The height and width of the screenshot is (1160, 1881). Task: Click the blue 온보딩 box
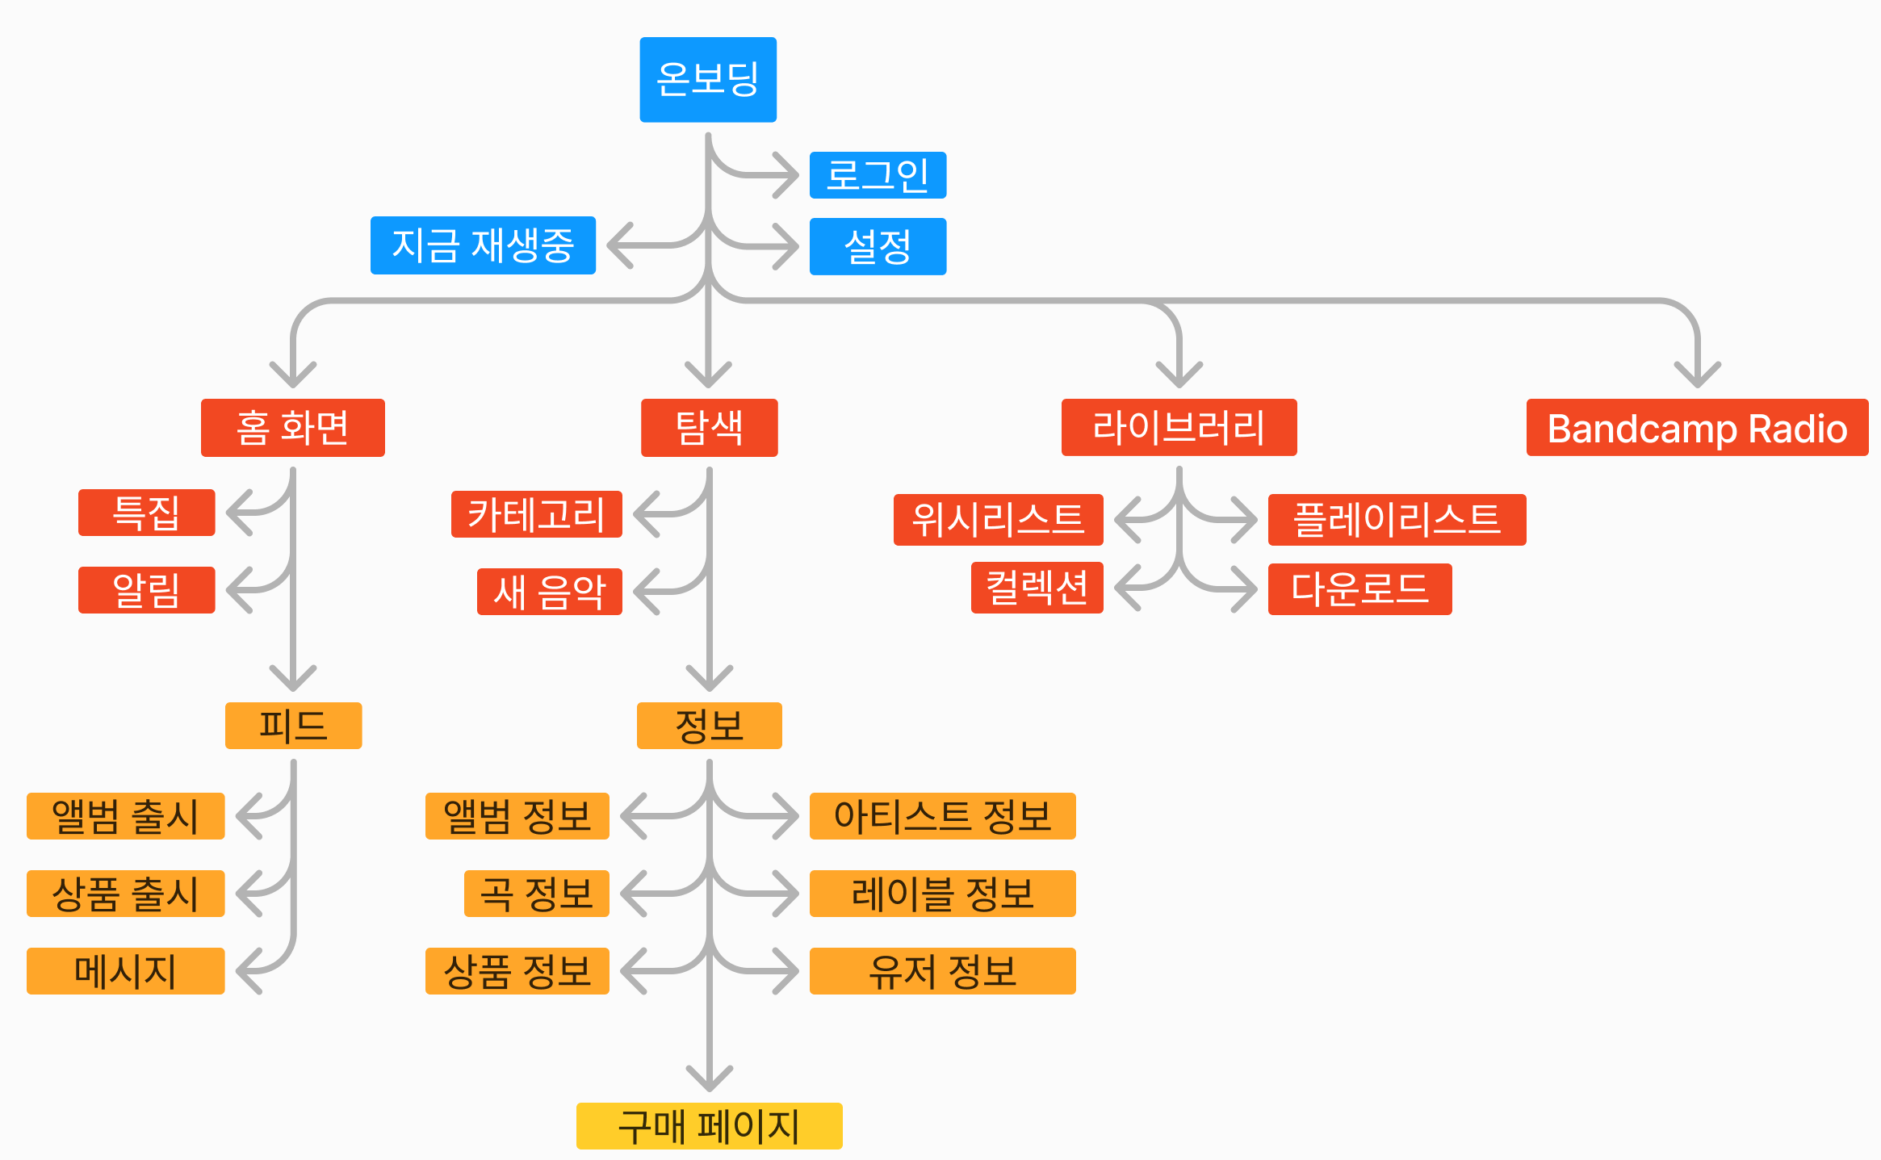[x=708, y=79]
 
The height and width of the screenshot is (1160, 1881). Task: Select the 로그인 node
[x=878, y=175]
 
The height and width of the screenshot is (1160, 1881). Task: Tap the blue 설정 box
[x=878, y=246]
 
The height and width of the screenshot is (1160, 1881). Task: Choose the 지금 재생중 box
[x=483, y=245]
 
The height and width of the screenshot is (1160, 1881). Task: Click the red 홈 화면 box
[x=292, y=428]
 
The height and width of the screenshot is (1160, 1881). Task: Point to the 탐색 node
[x=709, y=428]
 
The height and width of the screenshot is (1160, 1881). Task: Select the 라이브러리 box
[x=1179, y=428]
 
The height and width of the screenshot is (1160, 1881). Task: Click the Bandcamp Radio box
[x=1697, y=428]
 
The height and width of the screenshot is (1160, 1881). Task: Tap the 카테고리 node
[x=536, y=514]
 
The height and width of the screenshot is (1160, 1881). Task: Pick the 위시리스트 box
[x=998, y=519]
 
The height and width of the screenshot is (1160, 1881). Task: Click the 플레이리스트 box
[x=1397, y=519]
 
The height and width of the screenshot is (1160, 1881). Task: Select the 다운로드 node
[x=1359, y=588]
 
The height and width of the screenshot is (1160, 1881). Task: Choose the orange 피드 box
[x=293, y=726]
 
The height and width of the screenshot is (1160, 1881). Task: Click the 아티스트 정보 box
[x=942, y=816]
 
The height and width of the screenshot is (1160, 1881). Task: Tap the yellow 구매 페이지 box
[x=709, y=1125]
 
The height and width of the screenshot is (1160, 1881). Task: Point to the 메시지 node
[x=125, y=971]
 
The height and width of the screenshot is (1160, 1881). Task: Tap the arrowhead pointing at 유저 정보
[x=790, y=971]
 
